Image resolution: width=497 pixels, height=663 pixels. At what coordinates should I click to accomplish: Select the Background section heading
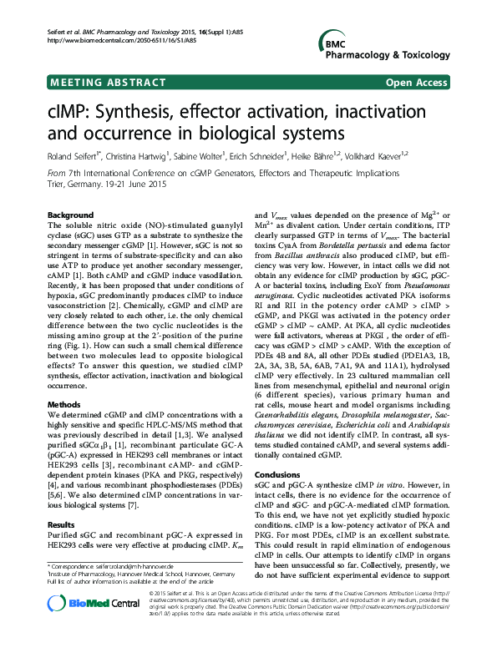pyautogui.click(x=71, y=215)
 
